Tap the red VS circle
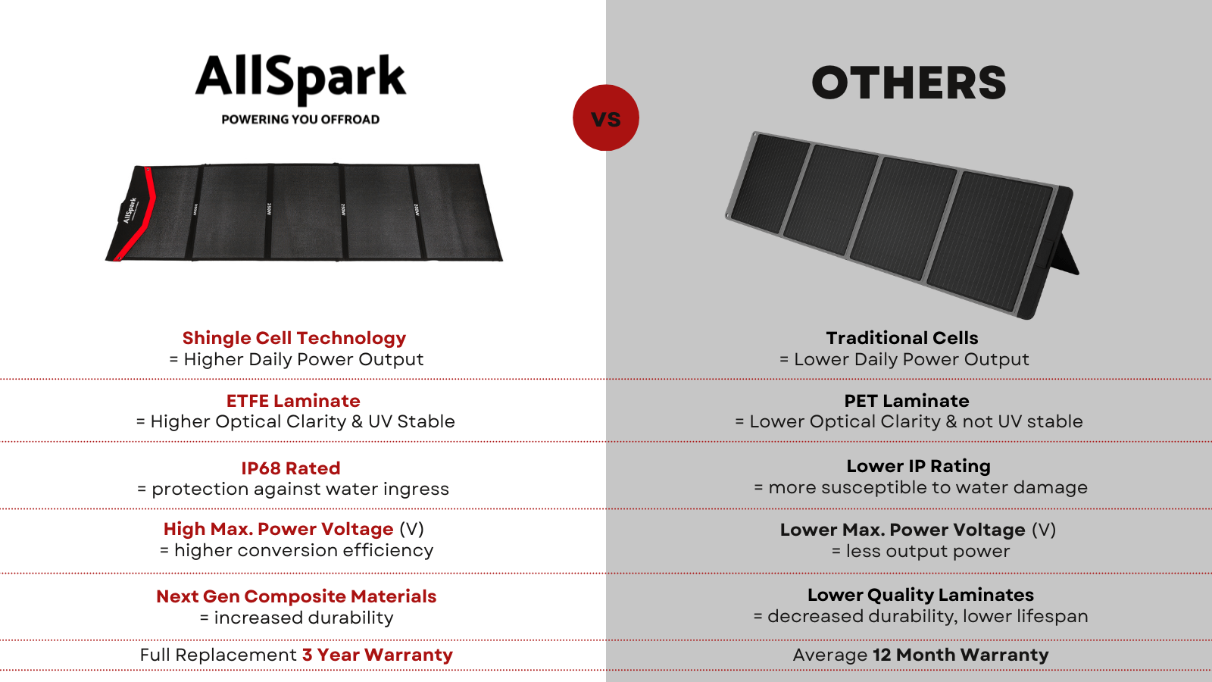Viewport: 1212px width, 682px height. [x=606, y=117]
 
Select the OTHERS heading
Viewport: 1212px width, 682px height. [x=908, y=83]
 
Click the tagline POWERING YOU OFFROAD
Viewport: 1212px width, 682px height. [x=300, y=119]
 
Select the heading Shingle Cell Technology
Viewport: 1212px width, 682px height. [x=294, y=338]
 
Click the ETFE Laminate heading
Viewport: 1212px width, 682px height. [x=293, y=401]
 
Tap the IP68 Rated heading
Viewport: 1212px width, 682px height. [x=291, y=468]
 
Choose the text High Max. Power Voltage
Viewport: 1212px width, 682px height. [x=278, y=529]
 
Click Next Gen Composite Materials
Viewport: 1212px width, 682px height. [x=296, y=596]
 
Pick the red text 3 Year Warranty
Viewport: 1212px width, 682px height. [x=377, y=655]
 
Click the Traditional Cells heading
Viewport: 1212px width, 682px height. [x=902, y=338]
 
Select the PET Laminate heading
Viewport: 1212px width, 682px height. [x=906, y=401]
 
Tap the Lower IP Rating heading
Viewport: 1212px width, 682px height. [x=918, y=466]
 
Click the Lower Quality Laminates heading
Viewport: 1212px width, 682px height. [x=920, y=595]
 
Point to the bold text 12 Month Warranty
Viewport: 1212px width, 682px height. [x=961, y=655]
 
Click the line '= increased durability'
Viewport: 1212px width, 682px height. [x=296, y=618]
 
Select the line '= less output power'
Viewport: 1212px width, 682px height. [x=920, y=551]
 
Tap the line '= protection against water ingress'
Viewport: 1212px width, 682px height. [x=293, y=489]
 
